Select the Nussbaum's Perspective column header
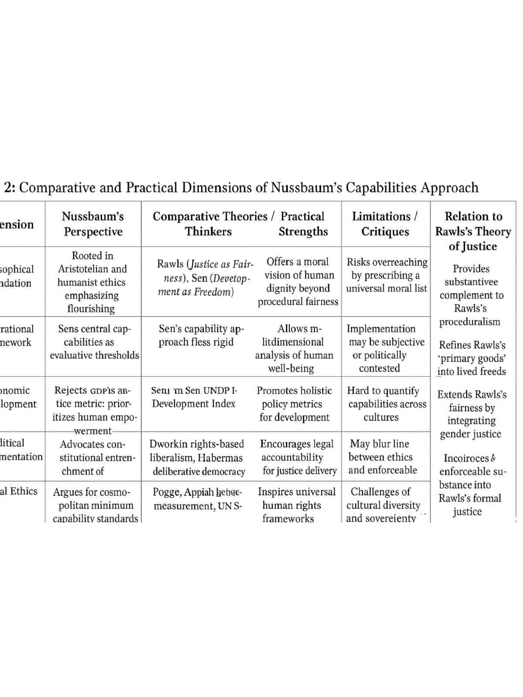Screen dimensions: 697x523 click(93, 224)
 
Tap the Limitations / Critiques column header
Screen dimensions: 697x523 click(385, 224)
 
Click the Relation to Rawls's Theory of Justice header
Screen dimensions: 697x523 click(473, 231)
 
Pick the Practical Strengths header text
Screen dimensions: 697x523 click(303, 224)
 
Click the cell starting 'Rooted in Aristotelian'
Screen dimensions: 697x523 click(92, 282)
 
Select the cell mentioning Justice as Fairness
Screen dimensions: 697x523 click(204, 277)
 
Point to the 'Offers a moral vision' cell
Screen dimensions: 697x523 click(298, 281)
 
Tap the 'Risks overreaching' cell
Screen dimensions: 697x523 click(387, 275)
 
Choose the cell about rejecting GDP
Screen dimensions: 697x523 click(93, 404)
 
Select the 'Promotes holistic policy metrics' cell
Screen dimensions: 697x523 click(294, 404)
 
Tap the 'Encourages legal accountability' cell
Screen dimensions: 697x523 click(298, 457)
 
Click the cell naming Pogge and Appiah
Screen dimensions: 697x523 click(197, 499)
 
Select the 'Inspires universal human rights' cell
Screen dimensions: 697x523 click(296, 504)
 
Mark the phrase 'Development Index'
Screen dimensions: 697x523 click(194, 404)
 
